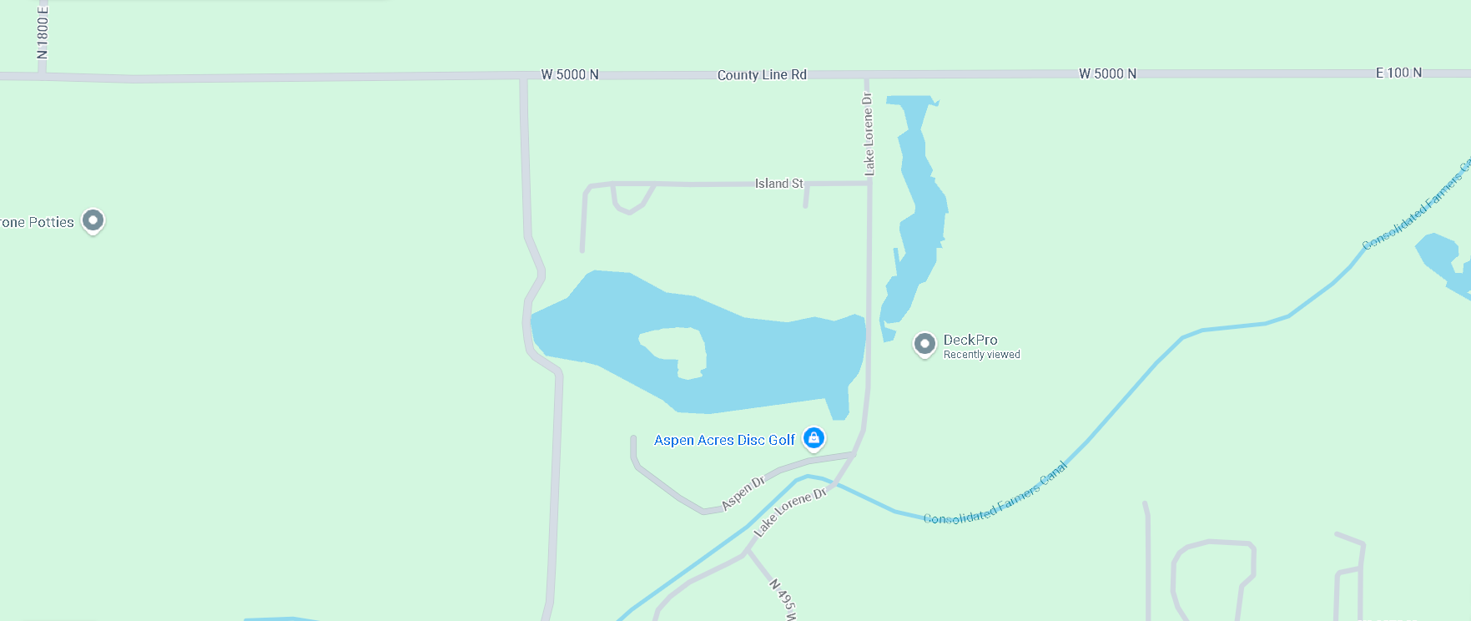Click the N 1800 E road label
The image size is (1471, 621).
43,32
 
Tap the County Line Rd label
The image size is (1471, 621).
762,75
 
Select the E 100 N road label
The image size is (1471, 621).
1398,73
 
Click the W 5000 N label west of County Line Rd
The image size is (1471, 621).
570,74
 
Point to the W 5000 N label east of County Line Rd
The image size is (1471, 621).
1107,73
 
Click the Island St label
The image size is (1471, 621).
778,184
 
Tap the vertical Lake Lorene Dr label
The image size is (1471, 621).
869,134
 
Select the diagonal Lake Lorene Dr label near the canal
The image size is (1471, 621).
789,512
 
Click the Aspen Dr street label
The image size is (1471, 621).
743,492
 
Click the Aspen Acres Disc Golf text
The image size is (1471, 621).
724,440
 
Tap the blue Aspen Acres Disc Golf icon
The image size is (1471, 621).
814,437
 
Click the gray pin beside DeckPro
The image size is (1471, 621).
924,343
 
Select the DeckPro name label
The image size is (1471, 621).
970,340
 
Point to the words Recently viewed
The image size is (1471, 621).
981,355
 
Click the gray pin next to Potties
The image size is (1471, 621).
93,220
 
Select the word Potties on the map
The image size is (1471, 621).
51,222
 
